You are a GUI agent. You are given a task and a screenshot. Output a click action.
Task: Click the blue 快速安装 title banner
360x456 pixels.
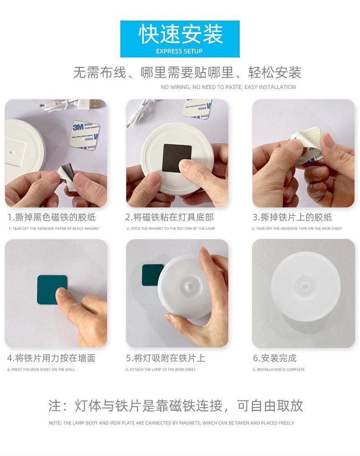(180, 38)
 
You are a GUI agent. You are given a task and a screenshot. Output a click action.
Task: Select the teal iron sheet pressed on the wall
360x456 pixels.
(51, 290)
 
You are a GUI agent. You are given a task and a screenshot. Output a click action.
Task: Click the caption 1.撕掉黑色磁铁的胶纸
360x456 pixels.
(51, 218)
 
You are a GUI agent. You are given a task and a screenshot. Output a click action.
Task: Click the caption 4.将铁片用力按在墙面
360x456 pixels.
(51, 358)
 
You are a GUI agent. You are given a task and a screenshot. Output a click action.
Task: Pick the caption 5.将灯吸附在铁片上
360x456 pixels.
(165, 358)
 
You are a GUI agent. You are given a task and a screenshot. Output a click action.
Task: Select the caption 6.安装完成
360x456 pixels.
(274, 358)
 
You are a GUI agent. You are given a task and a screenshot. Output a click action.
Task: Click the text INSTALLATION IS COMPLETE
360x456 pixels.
(279, 370)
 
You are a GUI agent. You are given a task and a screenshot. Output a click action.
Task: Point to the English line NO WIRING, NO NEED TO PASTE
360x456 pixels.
(228, 87)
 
